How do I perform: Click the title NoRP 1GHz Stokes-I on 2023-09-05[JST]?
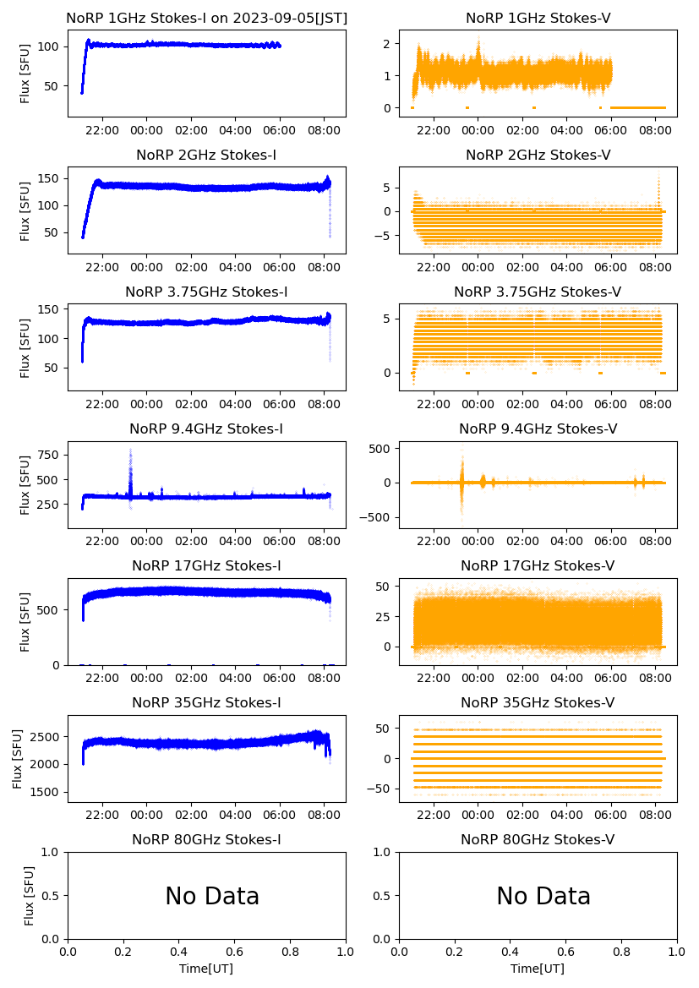[x=206, y=18]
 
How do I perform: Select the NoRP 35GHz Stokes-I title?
[x=206, y=703]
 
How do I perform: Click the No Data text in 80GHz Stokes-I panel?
[x=212, y=897]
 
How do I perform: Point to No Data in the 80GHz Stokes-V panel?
[x=543, y=897]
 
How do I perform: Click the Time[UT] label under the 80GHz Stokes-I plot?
[x=206, y=969]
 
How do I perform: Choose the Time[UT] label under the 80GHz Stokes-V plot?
[x=538, y=969]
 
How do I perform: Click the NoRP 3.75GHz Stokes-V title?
[x=538, y=292]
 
